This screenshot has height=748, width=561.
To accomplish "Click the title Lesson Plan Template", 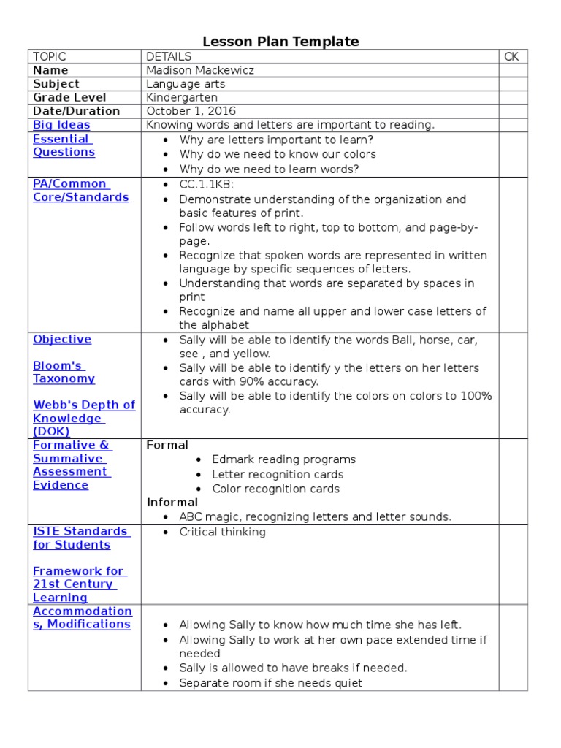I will coord(280,42).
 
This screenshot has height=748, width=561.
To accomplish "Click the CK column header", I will coord(511,56).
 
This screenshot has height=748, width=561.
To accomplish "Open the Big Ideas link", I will coord(61,125).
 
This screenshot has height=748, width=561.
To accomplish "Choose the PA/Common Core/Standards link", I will coord(80,191).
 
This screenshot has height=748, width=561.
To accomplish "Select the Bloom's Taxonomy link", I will coord(64,372).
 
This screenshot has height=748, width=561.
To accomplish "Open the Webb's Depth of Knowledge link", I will coord(83,418).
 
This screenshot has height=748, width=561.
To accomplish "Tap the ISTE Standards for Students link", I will coord(80,538).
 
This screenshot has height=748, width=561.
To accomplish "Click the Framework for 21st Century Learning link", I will coord(77,584).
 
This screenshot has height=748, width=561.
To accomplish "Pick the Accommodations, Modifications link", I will coord(82,617).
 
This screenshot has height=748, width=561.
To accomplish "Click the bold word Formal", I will coord(167,445).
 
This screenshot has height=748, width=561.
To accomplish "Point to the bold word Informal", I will coord(172,502).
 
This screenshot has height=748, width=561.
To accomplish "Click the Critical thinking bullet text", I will coord(222,532).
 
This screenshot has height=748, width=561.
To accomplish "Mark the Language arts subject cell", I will coord(186,84).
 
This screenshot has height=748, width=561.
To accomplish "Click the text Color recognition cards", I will coord(275,489).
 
